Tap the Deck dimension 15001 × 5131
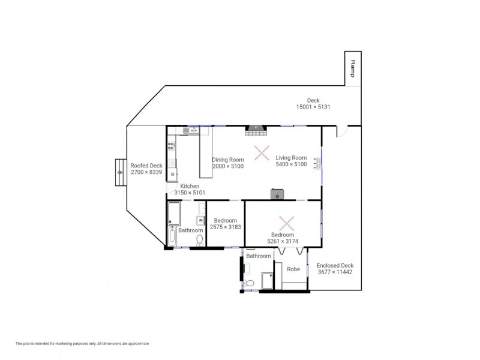313,107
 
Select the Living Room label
291,157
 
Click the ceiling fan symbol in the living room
261,152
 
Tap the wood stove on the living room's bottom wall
277,194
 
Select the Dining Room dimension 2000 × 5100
228,166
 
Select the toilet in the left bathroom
200,240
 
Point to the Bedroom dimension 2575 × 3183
226,227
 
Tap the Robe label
293,269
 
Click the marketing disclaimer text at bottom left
82,344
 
